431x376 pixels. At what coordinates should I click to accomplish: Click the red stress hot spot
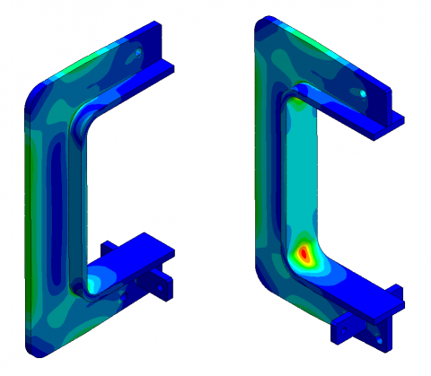click(x=305, y=255)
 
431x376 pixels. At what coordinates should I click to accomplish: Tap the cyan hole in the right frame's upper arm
click(x=362, y=92)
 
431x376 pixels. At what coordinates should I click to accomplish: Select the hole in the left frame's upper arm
click(x=139, y=55)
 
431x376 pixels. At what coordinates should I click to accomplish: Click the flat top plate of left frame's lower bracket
click(x=135, y=251)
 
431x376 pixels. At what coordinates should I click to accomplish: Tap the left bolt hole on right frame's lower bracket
click(x=342, y=326)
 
